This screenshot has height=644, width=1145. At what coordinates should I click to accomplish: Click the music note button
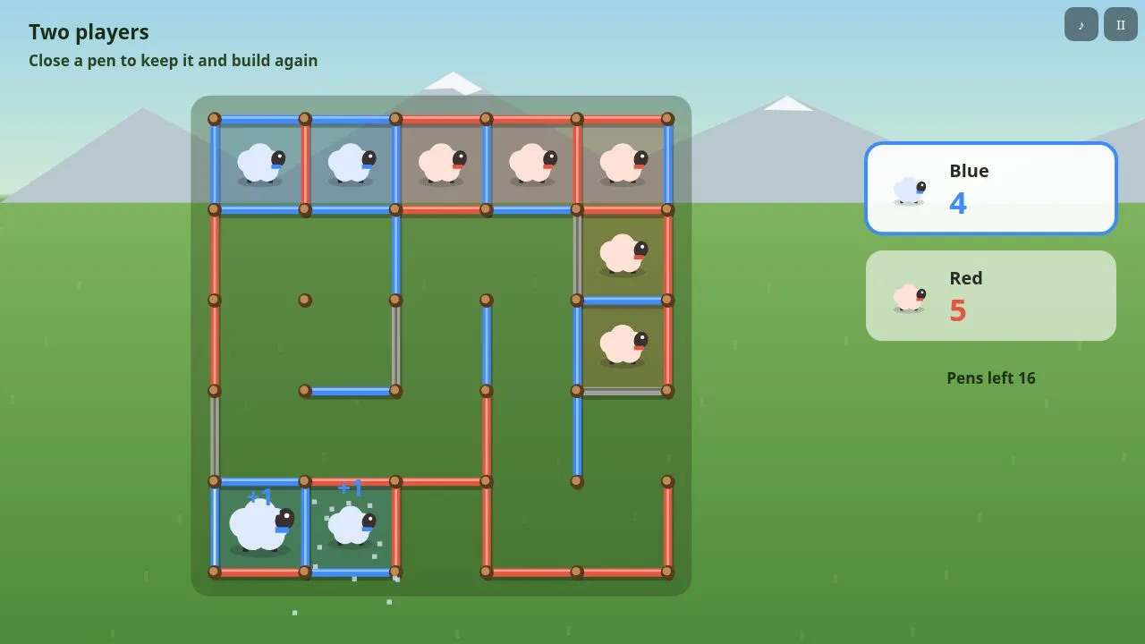(1081, 24)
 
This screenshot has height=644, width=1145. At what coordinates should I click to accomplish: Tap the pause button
(1121, 24)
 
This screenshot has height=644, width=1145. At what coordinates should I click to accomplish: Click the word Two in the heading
(48, 31)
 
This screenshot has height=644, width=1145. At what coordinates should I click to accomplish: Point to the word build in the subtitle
(251, 60)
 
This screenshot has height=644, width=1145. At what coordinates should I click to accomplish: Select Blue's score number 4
(958, 203)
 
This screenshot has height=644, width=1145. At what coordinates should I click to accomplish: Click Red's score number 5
(958, 310)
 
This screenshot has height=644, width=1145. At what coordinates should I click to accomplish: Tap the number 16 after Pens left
(1026, 377)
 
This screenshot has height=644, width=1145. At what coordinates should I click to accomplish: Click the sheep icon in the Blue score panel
(910, 191)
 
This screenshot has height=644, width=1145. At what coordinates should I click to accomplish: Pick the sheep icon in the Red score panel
(910, 298)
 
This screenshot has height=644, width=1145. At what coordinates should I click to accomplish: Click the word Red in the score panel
(965, 278)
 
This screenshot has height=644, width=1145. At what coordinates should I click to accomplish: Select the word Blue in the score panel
(969, 171)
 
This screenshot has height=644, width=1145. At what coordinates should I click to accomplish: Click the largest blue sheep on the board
(261, 525)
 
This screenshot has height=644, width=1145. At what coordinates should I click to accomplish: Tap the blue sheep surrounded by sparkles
(352, 525)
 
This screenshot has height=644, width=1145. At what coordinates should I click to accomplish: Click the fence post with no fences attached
(305, 300)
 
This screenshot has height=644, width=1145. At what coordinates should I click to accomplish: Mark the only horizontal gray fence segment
(622, 392)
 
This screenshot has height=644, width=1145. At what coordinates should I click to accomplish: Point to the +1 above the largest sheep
(259, 496)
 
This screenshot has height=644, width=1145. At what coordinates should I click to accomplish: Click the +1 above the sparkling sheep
(350, 487)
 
